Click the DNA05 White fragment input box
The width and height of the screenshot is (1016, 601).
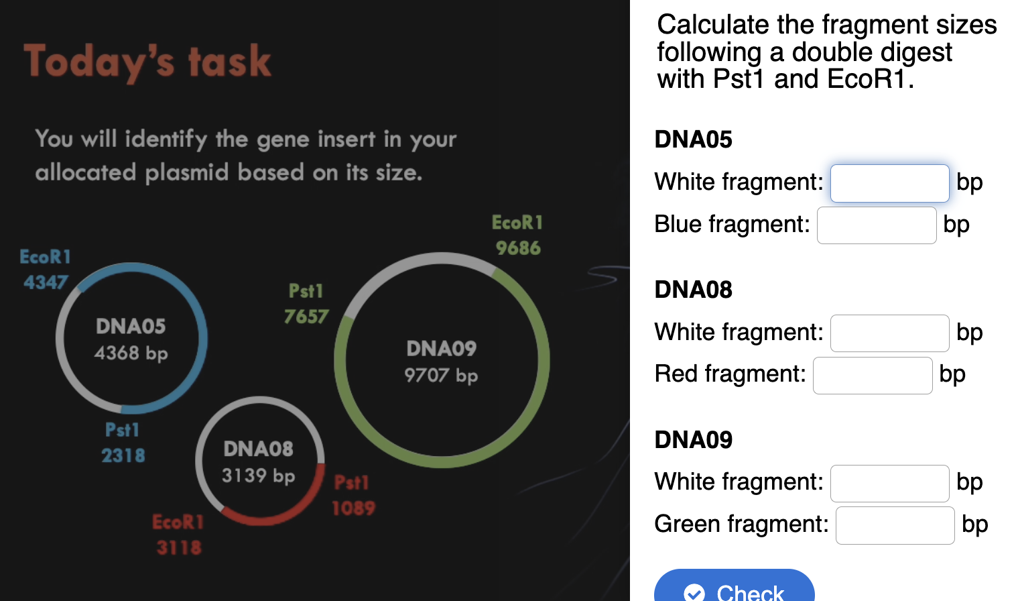(x=889, y=183)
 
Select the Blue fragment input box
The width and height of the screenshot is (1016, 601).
(x=876, y=225)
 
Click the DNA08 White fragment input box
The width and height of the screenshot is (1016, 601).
(x=889, y=333)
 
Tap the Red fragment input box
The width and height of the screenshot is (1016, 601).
(x=872, y=376)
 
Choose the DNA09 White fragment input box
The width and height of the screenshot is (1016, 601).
(x=889, y=484)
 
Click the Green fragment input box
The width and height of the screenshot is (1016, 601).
(x=895, y=525)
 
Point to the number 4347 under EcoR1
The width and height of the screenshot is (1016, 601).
(x=46, y=282)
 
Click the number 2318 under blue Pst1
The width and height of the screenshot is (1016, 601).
(x=123, y=456)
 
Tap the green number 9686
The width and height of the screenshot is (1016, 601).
(x=518, y=248)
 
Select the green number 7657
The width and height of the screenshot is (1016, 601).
(x=306, y=317)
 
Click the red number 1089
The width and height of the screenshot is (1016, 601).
(x=353, y=508)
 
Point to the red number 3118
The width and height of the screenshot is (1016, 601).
(x=179, y=548)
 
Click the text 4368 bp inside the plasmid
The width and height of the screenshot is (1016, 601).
(x=131, y=353)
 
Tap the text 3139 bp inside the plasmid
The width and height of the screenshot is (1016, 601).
(x=258, y=476)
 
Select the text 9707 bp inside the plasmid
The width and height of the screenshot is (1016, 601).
(x=441, y=375)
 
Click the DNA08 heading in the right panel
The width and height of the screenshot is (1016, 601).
(x=693, y=290)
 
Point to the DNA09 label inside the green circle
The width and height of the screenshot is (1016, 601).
(x=441, y=349)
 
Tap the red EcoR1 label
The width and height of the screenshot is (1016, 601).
(x=178, y=522)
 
